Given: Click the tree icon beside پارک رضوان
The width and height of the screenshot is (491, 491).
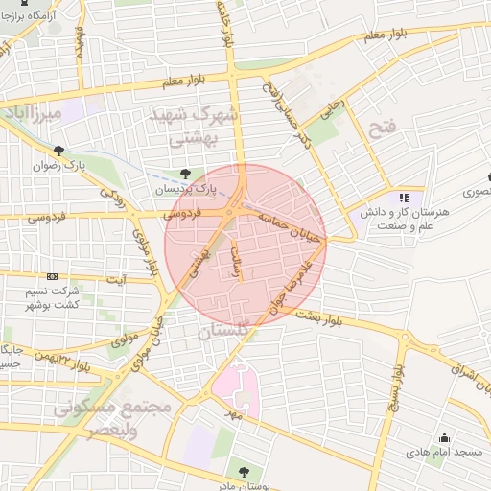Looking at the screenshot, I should pyautogui.click(x=59, y=151).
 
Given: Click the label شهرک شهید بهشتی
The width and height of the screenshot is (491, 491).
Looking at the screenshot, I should pyautogui.click(x=194, y=127).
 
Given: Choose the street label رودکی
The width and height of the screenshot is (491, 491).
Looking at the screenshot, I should pyautogui.click(x=113, y=199).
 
